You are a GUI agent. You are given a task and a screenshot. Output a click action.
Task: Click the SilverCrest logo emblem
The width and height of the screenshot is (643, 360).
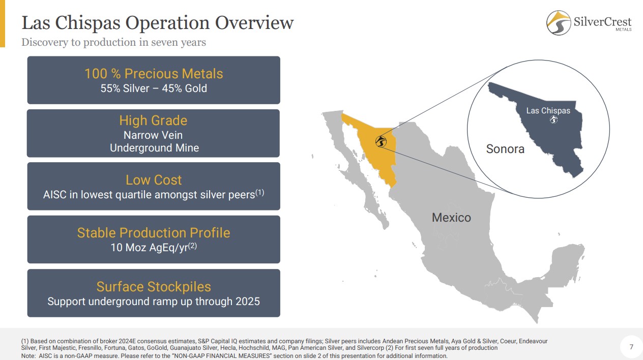click(x=559, y=23)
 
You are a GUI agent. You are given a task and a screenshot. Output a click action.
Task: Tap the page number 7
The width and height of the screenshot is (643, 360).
click(x=631, y=347)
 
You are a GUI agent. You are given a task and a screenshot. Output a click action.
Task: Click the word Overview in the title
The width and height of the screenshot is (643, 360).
click(x=254, y=23)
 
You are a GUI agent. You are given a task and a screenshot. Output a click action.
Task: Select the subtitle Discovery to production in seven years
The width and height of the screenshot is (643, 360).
click(x=113, y=42)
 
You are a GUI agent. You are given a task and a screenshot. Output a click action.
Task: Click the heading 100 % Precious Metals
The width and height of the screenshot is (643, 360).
click(x=154, y=73)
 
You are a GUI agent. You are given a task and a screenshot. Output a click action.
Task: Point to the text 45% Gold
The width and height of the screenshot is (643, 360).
click(x=184, y=88)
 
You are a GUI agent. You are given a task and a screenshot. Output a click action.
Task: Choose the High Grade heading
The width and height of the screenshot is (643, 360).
click(x=153, y=120)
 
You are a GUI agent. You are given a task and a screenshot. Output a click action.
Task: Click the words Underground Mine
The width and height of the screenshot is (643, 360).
click(x=154, y=148)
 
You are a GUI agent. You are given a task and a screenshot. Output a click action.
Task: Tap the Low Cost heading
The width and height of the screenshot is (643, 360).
click(x=154, y=180)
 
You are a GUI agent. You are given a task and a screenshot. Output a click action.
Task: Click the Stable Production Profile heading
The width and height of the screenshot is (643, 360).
click(x=154, y=233)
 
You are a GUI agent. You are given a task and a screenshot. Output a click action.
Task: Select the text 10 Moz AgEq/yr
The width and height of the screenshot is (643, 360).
click(x=149, y=248)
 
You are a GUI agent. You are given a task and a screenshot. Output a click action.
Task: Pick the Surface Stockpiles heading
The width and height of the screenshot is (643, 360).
click(x=154, y=287)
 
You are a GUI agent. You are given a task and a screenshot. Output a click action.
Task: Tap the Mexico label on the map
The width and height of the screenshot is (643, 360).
click(x=451, y=218)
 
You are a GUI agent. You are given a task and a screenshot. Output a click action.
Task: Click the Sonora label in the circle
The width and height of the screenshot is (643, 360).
click(x=505, y=149)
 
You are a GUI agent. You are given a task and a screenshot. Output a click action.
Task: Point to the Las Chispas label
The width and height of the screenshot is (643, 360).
click(x=548, y=111)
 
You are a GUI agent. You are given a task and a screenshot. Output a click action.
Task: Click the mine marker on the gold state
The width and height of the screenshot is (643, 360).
click(x=381, y=141)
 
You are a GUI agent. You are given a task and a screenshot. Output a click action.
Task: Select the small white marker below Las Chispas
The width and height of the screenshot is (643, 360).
click(x=554, y=119)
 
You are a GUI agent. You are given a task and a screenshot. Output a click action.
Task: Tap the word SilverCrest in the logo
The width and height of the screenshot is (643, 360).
click(x=602, y=22)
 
